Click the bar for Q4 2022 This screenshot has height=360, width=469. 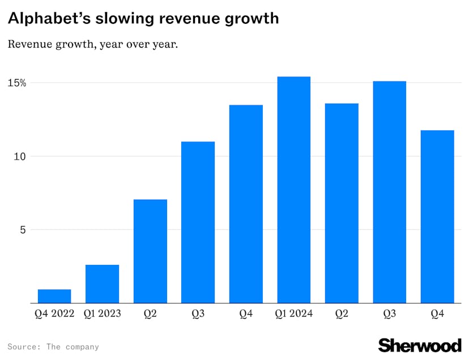click(54, 296)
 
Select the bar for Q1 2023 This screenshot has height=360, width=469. click(102, 284)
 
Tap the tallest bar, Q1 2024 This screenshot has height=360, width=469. click(293, 190)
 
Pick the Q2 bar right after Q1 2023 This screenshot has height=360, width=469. click(150, 251)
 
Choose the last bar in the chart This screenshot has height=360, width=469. click(437, 216)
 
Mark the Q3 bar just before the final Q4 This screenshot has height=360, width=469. click(389, 192)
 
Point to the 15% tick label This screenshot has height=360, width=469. click(16, 83)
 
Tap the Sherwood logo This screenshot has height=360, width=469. click(420, 345)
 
